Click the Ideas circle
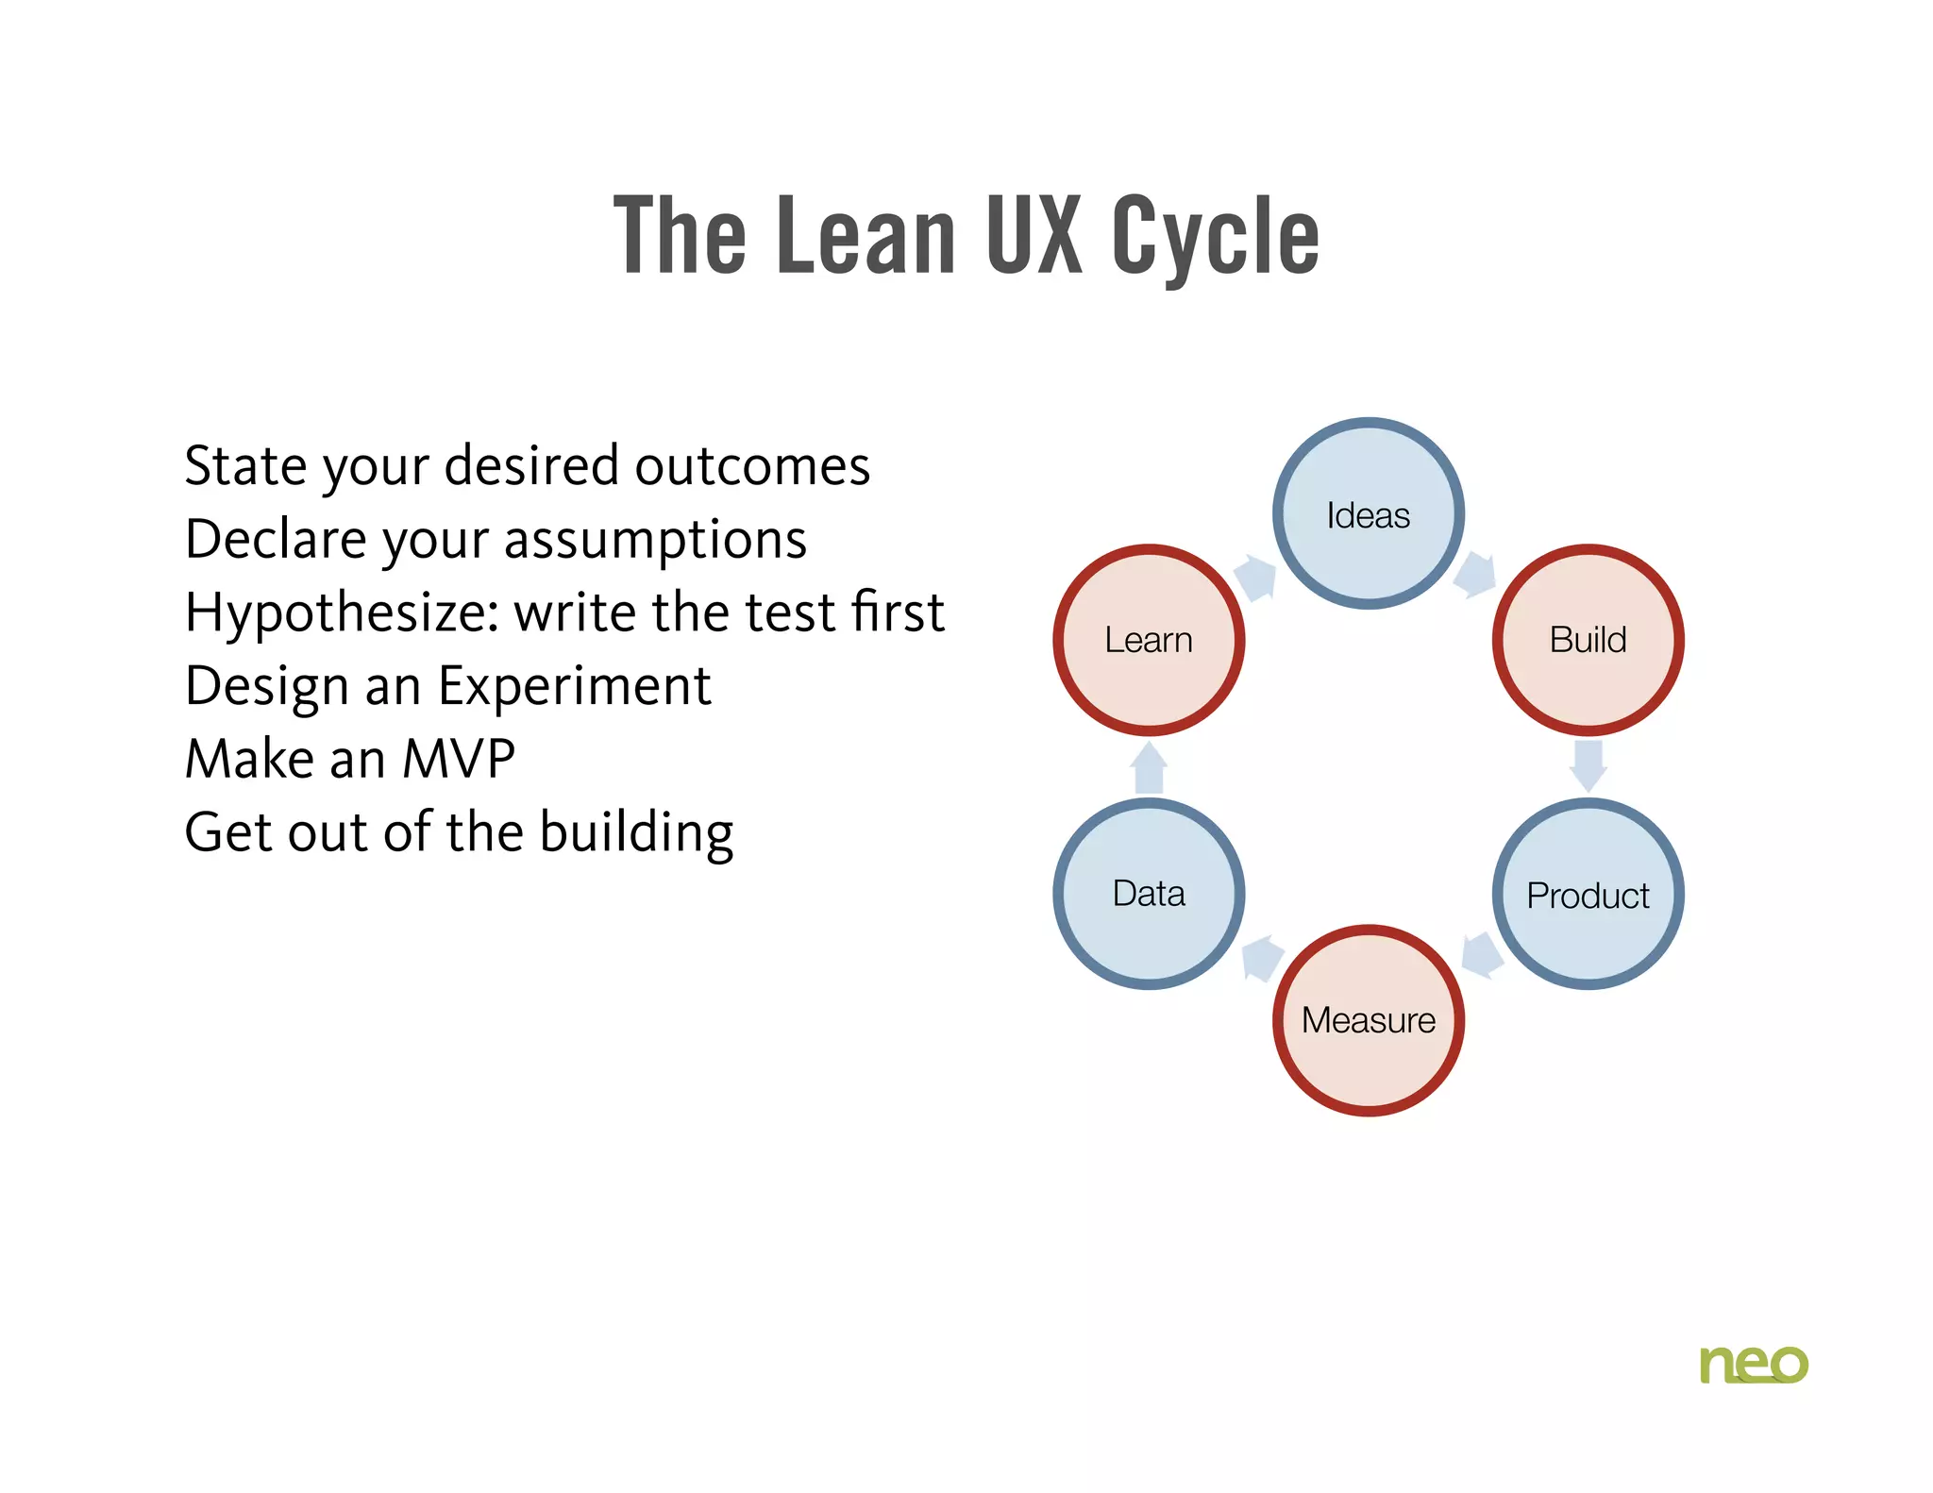click(1368, 514)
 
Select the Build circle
click(1588, 640)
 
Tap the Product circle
click(1588, 894)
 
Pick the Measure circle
click(1368, 1020)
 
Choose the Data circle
click(1149, 893)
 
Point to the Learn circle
click(1149, 640)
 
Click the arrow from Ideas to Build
click(1475, 575)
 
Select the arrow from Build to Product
click(1588, 765)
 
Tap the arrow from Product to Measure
click(1481, 956)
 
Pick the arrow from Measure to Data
click(1262, 958)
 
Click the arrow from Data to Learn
click(1149, 767)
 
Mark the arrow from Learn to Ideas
click(1256, 577)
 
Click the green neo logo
click(1753, 1364)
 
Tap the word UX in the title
click(1033, 236)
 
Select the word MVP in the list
click(459, 759)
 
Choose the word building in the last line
click(636, 833)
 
